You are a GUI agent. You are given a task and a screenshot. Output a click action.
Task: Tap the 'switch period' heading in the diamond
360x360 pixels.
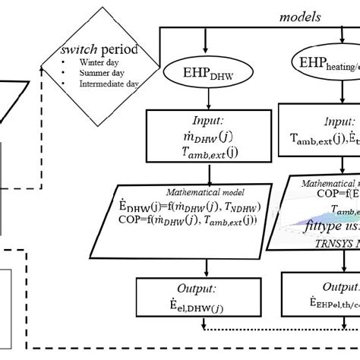point(94,50)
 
